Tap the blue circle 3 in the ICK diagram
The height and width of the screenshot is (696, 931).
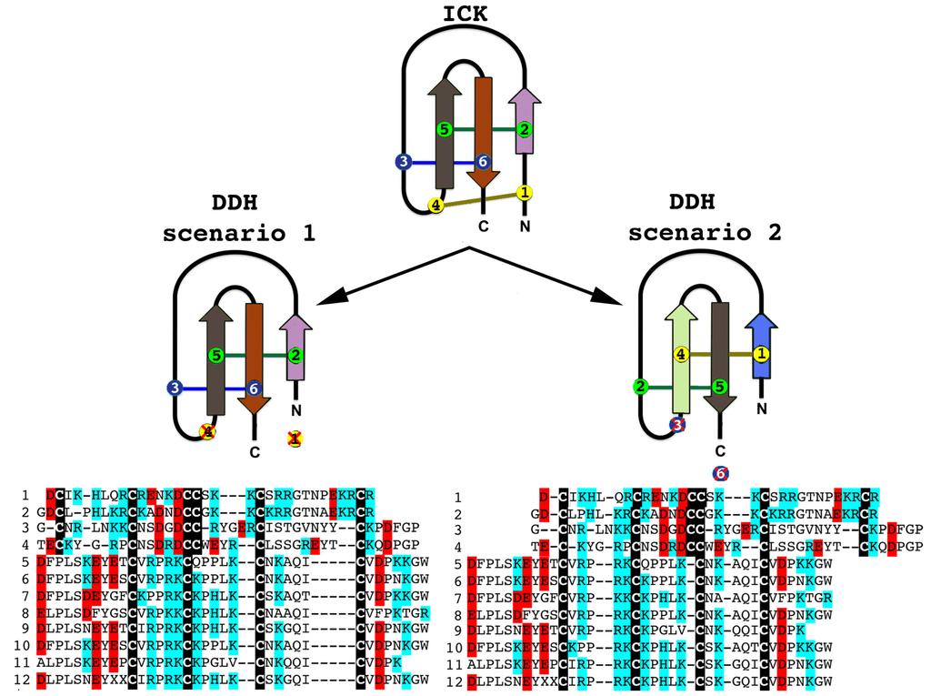404,162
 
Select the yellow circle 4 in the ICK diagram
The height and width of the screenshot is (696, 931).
436,206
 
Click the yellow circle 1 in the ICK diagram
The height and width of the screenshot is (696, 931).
525,192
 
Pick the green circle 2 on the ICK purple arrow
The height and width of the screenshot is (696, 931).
525,130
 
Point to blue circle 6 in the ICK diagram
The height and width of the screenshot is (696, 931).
483,162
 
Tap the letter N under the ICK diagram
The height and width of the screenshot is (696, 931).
525,224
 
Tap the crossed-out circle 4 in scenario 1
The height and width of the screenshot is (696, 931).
208,431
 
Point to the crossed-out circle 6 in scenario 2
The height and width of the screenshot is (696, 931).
720,473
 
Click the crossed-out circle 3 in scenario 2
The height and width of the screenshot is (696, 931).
676,423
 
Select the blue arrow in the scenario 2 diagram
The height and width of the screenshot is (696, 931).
762,350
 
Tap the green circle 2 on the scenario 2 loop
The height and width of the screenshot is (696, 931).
640,388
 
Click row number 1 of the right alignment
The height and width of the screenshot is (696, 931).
458,498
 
